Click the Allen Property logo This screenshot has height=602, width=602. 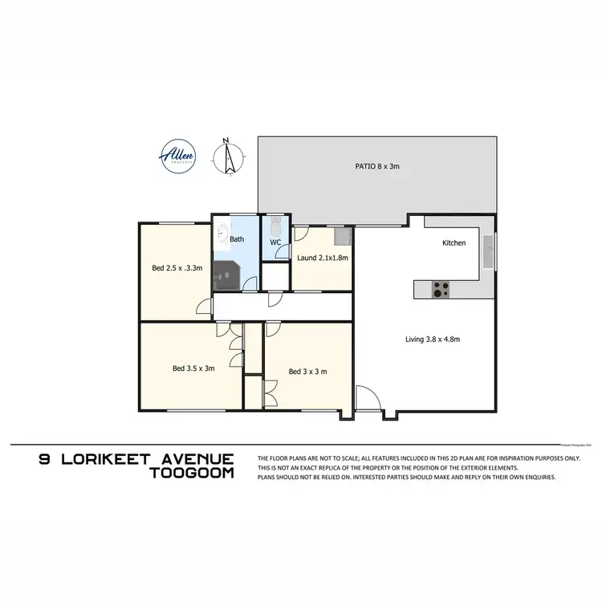click(x=176, y=156)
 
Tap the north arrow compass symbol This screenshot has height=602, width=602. click(x=228, y=157)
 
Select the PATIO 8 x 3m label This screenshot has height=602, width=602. click(x=377, y=167)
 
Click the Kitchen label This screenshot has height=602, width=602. click(x=454, y=242)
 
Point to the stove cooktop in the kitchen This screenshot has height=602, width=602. click(x=441, y=287)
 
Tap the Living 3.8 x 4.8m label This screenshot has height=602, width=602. click(x=432, y=340)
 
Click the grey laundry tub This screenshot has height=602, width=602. click(x=343, y=236)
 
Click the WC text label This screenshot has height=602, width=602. click(x=275, y=242)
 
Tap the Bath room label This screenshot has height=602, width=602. click(x=237, y=239)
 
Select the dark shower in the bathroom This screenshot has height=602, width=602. click(x=224, y=275)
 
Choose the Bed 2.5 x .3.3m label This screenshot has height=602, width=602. click(x=177, y=268)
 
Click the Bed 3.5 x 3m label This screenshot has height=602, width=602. click(x=193, y=369)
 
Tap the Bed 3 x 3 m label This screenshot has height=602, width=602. click(x=307, y=371)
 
